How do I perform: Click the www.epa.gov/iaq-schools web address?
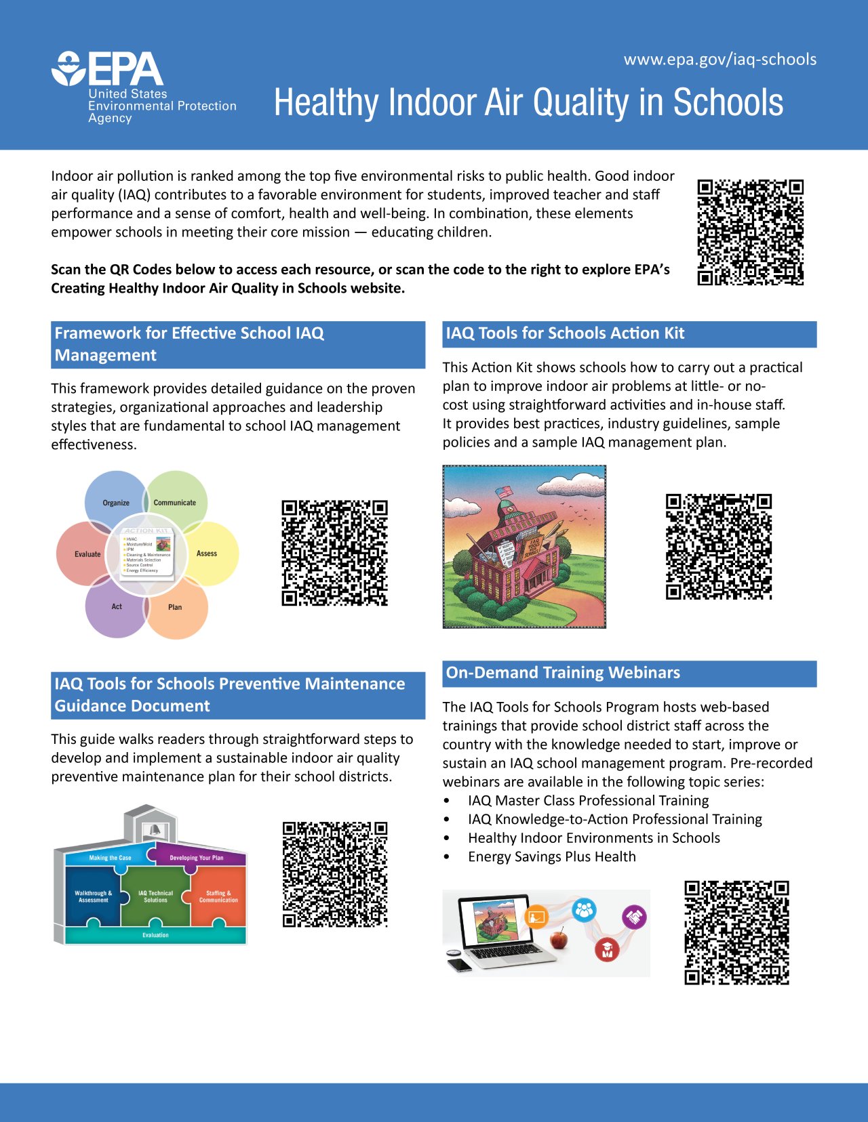[719, 60]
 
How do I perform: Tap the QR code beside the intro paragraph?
[750, 232]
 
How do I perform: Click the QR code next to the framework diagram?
[334, 553]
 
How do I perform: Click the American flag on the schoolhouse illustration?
[504, 491]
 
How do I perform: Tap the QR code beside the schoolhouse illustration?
[719, 547]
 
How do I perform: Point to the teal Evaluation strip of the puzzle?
[155, 935]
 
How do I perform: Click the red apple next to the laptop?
[559, 940]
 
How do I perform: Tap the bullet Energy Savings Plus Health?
[551, 857]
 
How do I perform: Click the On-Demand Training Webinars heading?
[563, 673]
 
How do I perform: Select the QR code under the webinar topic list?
[736, 932]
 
